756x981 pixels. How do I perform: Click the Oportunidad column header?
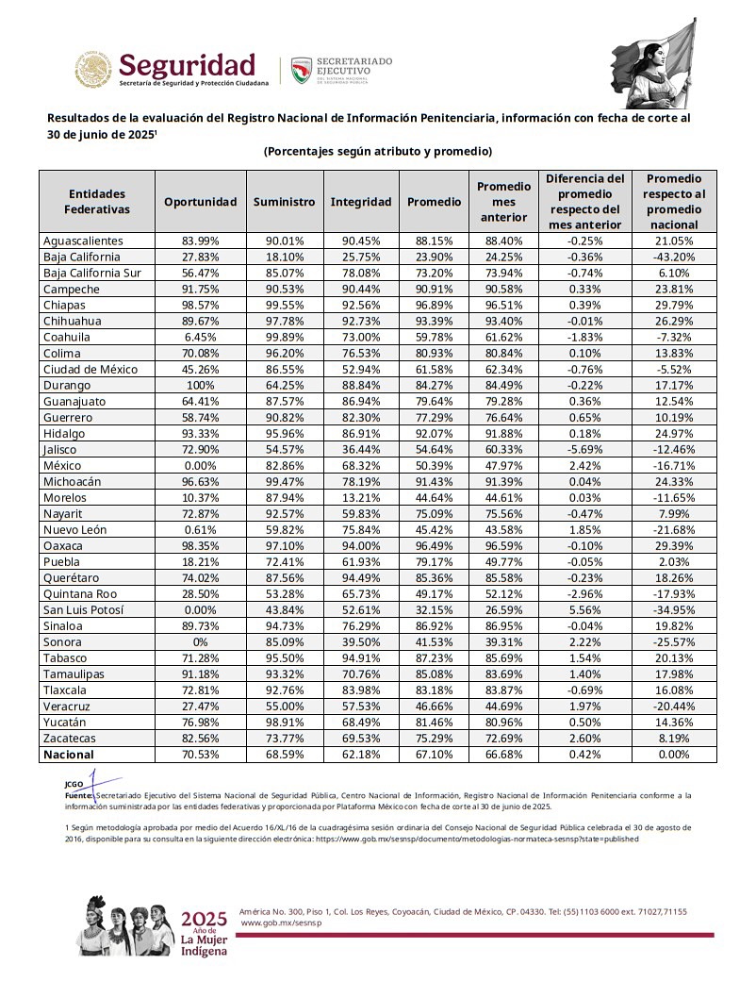(x=200, y=202)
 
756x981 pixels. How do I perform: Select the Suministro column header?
(x=284, y=202)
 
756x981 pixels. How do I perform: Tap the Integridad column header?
(x=360, y=202)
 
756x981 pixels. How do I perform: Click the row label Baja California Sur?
(x=92, y=273)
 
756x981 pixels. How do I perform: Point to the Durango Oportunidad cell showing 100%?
(x=200, y=385)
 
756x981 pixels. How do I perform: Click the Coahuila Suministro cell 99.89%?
(x=284, y=337)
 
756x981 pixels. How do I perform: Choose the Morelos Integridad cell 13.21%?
(x=360, y=497)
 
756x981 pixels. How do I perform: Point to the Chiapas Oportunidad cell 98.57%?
(x=200, y=305)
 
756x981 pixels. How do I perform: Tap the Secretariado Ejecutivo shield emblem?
(x=301, y=70)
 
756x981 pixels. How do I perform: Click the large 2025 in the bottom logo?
(x=204, y=920)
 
